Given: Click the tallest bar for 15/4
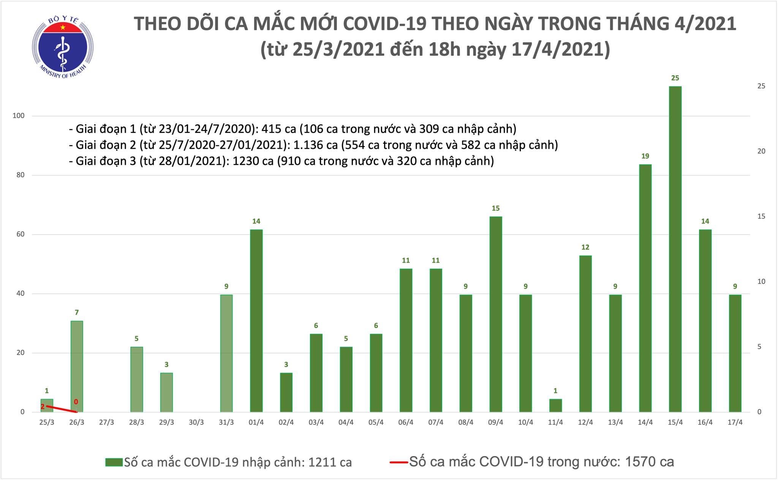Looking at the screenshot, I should point(675,249).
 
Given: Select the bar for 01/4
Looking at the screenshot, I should point(256,321).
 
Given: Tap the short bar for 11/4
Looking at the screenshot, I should point(555,405).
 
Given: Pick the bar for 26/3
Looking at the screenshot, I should point(77,366).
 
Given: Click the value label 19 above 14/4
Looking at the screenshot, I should point(645,156).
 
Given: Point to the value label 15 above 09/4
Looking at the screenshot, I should point(495,208).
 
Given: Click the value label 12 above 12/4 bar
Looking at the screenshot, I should point(585,247).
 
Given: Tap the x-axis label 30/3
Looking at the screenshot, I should point(196,422).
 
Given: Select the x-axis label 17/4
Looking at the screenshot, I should point(735,422).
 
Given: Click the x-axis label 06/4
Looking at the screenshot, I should point(406,422).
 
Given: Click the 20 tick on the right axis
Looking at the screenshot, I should point(761,151).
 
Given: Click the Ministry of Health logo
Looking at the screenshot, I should point(63,46).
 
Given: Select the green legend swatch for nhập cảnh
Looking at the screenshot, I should point(114,462).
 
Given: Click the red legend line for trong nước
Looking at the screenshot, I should point(399,462).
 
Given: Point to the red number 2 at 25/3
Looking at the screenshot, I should point(43,407).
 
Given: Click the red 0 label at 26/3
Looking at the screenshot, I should point(76,402).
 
